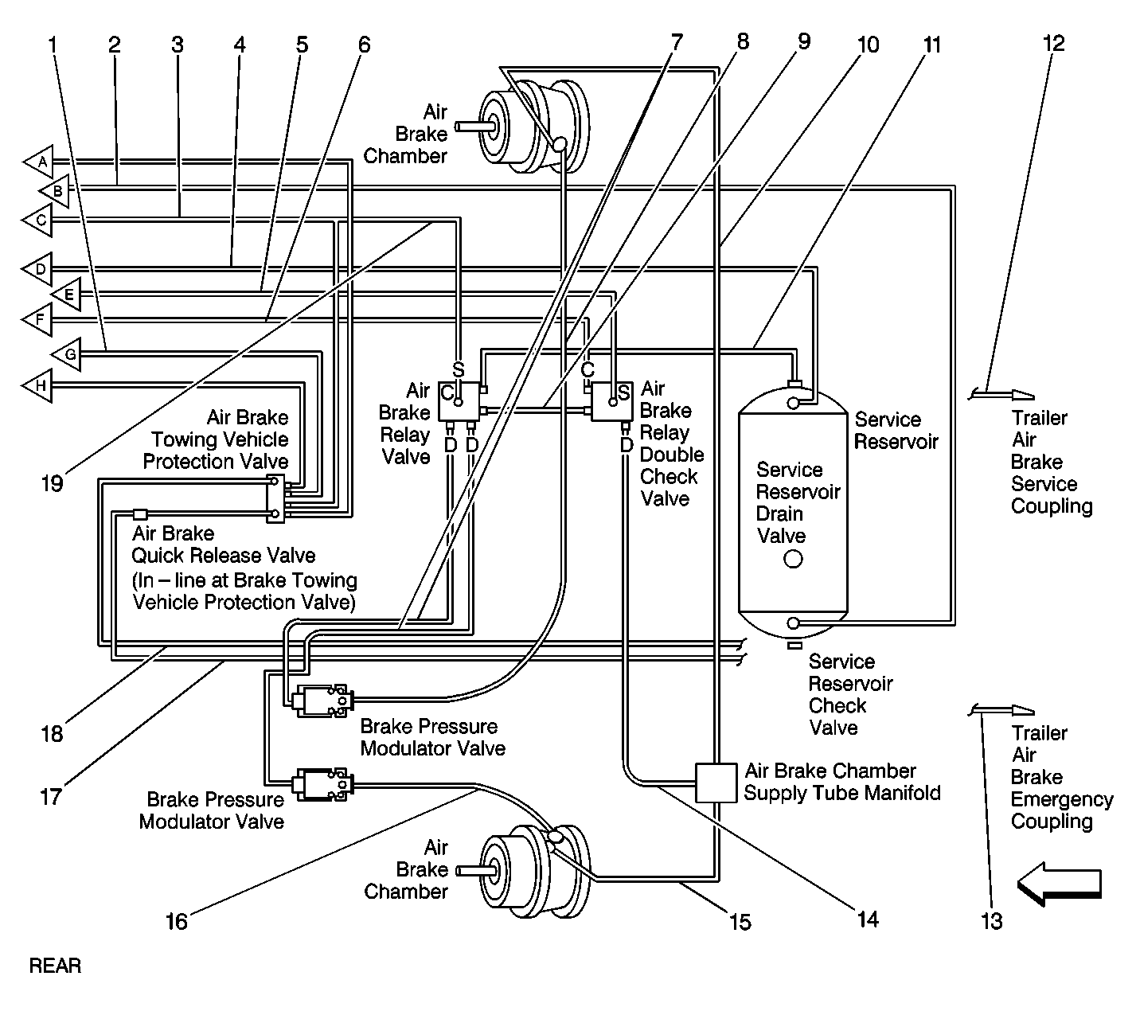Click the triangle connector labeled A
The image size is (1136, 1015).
point(40,162)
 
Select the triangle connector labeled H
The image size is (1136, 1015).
point(40,385)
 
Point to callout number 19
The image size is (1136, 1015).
point(53,482)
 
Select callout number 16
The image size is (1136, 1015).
point(176,921)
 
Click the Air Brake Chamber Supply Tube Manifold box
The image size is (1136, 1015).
point(716,783)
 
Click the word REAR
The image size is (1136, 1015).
point(55,966)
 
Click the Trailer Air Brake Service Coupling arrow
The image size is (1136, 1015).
point(1002,394)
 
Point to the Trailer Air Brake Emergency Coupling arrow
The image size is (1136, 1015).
point(1002,710)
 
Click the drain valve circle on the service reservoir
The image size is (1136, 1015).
point(793,559)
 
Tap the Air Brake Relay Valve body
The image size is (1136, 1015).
point(461,401)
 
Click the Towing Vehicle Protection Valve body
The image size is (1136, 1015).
point(275,498)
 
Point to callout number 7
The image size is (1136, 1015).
point(677,43)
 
